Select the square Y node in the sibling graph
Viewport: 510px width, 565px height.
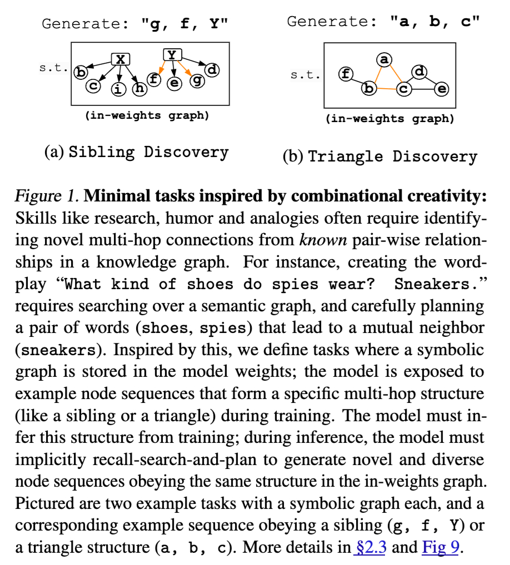pos(172,54)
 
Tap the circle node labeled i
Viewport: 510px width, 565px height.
pos(118,89)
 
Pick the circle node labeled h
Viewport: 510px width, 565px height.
pos(137,88)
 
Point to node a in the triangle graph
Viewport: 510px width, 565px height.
pos(384,59)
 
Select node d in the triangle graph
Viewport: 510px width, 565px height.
pos(420,72)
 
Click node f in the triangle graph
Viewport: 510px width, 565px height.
pos(346,74)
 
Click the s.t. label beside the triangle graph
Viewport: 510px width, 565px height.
pos(304,74)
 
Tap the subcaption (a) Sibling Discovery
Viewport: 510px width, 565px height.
pos(136,152)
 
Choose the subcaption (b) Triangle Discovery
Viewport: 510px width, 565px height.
pos(379,156)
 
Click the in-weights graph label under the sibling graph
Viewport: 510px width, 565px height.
pos(147,115)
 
